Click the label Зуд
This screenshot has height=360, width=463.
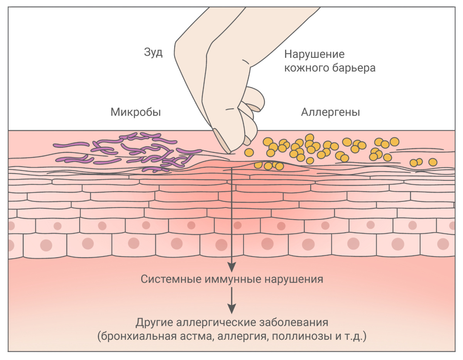[153, 53]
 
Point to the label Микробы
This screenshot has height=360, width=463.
[135, 113]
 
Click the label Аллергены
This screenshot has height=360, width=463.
[330, 113]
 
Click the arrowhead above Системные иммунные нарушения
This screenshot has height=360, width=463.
[231, 266]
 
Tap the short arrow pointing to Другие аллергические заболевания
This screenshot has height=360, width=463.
[231, 301]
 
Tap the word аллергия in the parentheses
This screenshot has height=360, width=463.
[242, 336]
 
